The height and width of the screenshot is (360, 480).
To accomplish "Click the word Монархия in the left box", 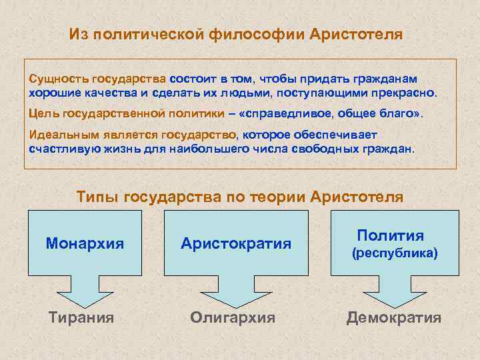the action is click(85, 243).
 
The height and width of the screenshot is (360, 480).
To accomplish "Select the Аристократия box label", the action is click(236, 243).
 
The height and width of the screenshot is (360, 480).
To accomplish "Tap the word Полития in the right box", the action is click(390, 235).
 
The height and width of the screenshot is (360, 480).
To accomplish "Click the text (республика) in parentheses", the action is click(395, 253).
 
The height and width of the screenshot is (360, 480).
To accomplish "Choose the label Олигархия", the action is click(233, 317).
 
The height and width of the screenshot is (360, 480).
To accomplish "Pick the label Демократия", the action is click(394, 317).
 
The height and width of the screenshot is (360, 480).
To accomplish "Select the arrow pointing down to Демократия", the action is click(394, 288).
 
